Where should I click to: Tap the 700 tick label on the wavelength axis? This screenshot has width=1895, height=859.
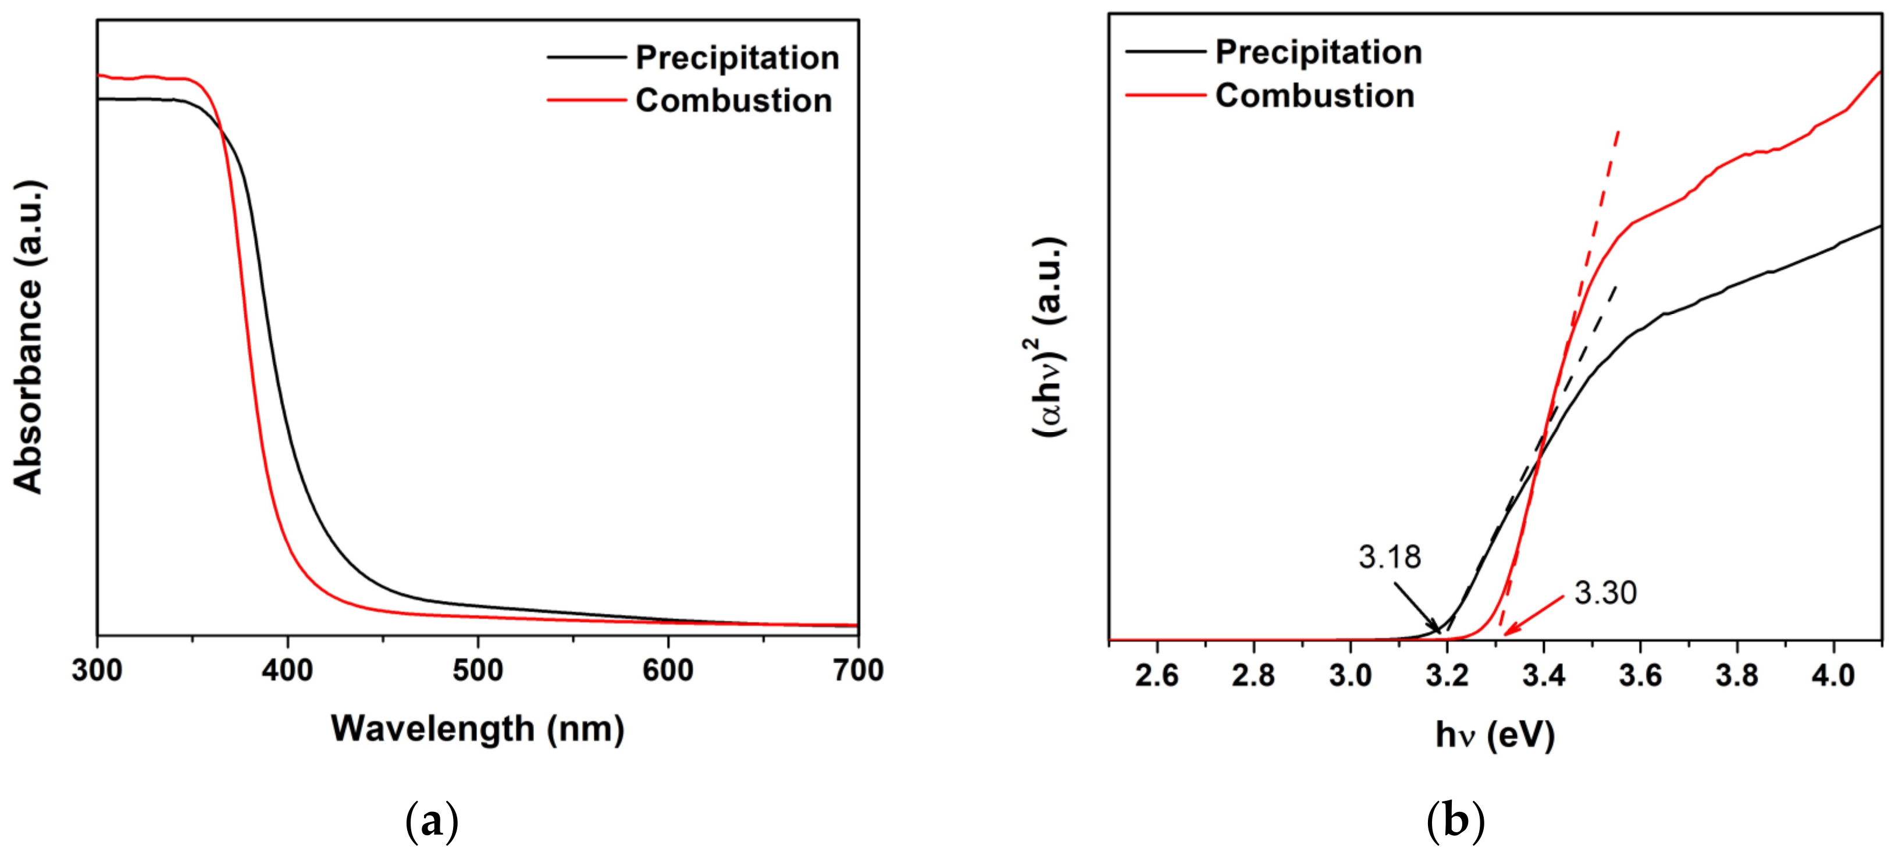(x=858, y=671)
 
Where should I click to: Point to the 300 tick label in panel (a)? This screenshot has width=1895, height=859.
(x=97, y=671)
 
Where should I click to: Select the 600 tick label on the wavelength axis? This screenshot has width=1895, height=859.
(x=667, y=671)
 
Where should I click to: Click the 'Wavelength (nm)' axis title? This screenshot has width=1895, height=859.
(x=478, y=729)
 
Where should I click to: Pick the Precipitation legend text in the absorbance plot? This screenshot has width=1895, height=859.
(x=737, y=58)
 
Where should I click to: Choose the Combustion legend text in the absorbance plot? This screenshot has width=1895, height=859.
(x=733, y=101)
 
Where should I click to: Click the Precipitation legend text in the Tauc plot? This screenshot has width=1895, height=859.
(x=1318, y=52)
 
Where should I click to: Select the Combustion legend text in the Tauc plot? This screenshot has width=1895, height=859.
(x=1315, y=95)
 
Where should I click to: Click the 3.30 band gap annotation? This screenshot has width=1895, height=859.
(x=1605, y=593)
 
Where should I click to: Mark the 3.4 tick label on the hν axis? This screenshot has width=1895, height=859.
(x=1543, y=675)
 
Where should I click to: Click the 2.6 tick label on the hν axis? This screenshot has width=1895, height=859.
(x=1156, y=675)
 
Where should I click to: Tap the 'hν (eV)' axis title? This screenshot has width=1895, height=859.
(x=1495, y=735)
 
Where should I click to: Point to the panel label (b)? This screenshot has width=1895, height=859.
(x=1455, y=822)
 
